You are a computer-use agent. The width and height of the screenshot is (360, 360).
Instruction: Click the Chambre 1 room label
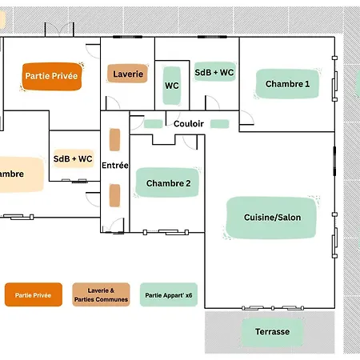[x=287, y=84]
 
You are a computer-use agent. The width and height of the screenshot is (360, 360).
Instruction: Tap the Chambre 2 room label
[x=168, y=182]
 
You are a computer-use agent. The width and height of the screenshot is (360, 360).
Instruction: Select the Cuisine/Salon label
[x=271, y=218]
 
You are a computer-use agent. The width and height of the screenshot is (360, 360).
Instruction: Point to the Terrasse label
[x=272, y=332]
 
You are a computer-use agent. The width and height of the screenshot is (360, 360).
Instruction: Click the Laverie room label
[x=128, y=74]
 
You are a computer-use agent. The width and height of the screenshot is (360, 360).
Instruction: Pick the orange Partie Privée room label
[x=52, y=76]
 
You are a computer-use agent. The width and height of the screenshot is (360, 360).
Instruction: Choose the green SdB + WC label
[x=214, y=72]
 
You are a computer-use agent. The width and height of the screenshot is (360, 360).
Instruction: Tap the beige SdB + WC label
[x=73, y=158]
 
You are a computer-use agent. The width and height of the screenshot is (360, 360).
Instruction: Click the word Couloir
[x=189, y=124]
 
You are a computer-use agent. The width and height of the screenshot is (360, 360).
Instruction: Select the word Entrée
[x=115, y=166]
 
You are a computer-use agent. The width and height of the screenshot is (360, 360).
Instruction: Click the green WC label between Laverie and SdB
[x=172, y=86]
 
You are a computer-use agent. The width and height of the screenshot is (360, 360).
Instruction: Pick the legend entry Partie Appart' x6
[x=169, y=294]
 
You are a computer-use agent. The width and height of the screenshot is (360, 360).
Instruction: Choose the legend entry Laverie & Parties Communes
[x=101, y=294]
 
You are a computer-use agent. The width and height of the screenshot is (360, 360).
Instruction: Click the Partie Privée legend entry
[x=34, y=294]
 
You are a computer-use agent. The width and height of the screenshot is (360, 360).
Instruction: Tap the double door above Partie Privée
[x=59, y=30]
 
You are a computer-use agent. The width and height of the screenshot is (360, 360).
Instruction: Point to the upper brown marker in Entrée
[x=114, y=139]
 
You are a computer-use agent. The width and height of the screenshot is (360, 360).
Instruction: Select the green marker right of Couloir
[x=219, y=124]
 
